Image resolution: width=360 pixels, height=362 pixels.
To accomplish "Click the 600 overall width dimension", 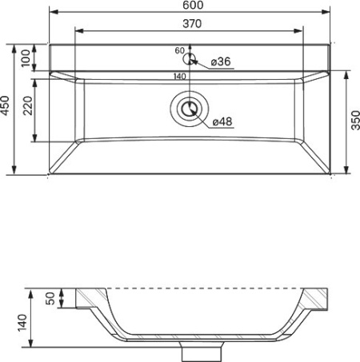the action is (x=193, y=5).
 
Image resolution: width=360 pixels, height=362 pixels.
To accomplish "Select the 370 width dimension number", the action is (x=192, y=24).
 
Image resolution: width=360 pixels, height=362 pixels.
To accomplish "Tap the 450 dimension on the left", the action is (x=5, y=105).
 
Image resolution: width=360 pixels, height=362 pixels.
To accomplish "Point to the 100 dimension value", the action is (x=26, y=58).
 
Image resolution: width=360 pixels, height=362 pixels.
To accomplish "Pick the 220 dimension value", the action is (x=27, y=105).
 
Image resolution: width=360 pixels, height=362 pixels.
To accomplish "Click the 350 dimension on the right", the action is (x=355, y=121).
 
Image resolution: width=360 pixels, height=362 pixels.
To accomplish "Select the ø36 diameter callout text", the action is (x=221, y=62).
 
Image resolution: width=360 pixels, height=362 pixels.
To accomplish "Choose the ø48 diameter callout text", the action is (x=222, y=121).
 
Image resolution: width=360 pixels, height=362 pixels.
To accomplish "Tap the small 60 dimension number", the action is (x=180, y=50).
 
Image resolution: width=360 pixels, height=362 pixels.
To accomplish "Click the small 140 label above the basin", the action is (x=180, y=77).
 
